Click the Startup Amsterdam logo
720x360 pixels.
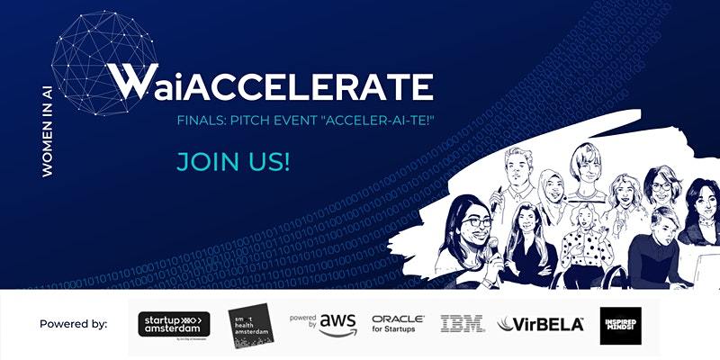click(x=175, y=324)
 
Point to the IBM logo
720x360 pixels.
click(x=463, y=324)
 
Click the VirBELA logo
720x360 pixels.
click(x=536, y=324)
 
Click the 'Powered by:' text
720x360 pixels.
click(x=73, y=324)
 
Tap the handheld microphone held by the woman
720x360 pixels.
click(x=493, y=242)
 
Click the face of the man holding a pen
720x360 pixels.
click(x=520, y=172)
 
